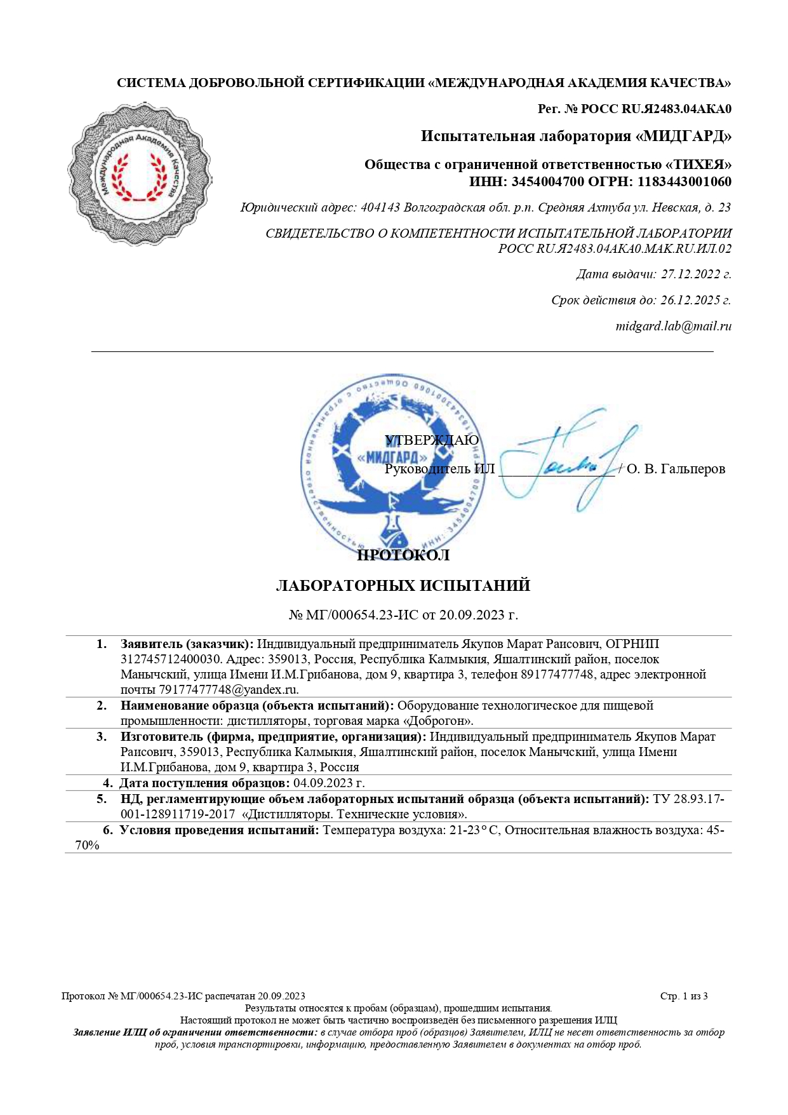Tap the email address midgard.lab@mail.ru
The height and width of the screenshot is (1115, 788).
click(x=673, y=326)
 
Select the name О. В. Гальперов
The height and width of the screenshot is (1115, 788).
click(x=676, y=469)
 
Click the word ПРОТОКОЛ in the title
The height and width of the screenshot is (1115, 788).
click(x=403, y=555)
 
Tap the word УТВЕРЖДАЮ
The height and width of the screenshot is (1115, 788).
click(x=432, y=440)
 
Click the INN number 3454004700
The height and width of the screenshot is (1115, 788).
click(x=547, y=182)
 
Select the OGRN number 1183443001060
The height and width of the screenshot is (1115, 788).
click(x=684, y=182)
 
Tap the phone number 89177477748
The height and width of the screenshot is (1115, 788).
click(x=557, y=674)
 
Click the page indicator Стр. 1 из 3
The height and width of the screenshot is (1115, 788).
click(x=684, y=996)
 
